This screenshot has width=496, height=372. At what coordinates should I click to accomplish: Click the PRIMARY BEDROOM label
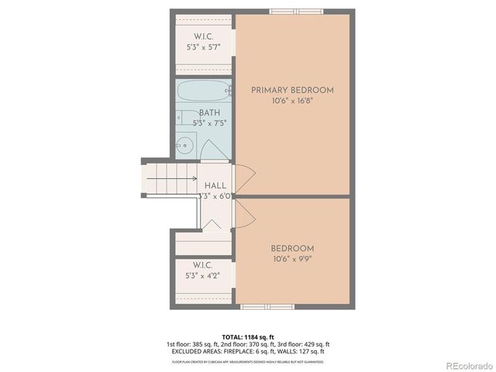[x=292, y=91]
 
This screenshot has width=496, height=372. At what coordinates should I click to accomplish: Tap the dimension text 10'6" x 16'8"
[x=292, y=102]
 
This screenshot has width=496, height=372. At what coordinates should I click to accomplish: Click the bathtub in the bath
[x=204, y=92]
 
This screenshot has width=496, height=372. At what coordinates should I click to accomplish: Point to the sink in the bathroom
[x=184, y=144]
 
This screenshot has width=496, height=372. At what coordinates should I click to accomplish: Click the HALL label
[x=215, y=186]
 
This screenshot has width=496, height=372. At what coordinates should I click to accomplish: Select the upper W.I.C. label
[x=204, y=36]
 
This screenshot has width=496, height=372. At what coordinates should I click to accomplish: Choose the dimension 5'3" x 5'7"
[x=204, y=47]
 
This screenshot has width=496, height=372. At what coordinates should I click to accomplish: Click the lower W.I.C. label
[x=204, y=264]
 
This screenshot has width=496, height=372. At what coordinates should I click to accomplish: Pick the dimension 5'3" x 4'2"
[x=204, y=275]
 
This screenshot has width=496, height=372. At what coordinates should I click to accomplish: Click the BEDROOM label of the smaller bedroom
[x=292, y=249]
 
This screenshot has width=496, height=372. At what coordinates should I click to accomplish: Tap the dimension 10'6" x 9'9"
[x=292, y=260]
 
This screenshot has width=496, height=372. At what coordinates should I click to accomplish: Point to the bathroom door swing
[x=211, y=149]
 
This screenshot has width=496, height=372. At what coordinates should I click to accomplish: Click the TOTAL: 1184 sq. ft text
[x=248, y=336]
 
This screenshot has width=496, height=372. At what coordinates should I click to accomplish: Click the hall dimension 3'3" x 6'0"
[x=215, y=197]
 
